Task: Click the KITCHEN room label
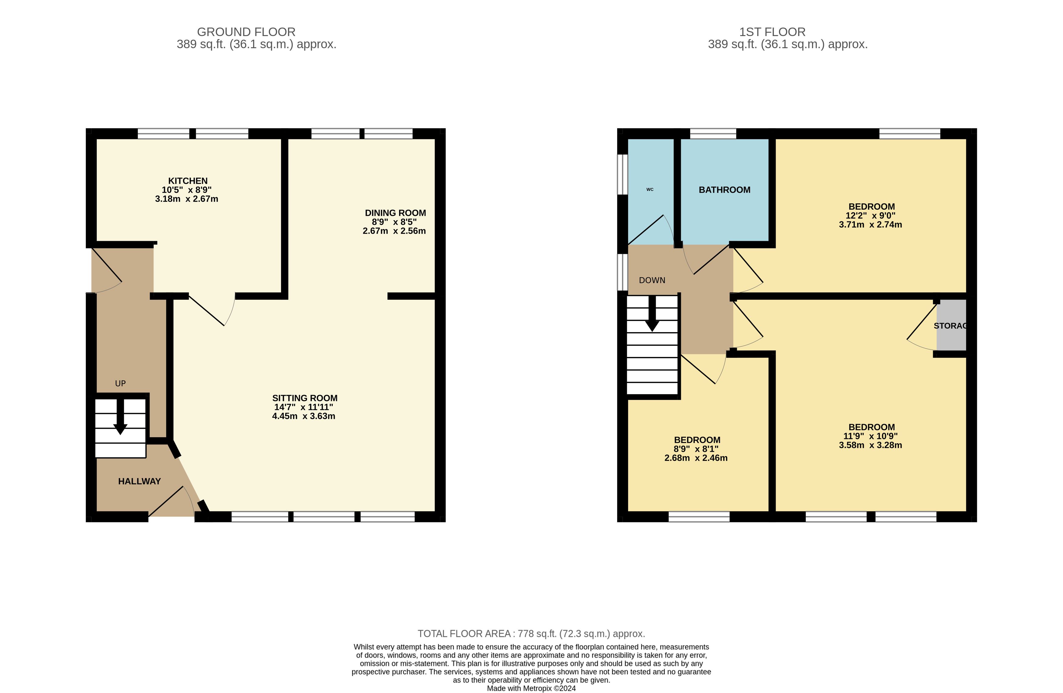point(188,181)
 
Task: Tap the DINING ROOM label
point(395,213)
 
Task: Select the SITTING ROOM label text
point(305,398)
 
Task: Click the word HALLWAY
point(139,481)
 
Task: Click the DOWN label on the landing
point(652,280)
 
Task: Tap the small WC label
point(650,189)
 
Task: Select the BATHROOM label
point(724,190)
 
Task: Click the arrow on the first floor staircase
point(652,313)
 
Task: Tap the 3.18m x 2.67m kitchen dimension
point(187,199)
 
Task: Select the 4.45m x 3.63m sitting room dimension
point(304,416)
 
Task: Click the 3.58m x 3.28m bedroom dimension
point(871,445)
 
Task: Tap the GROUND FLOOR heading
point(246,32)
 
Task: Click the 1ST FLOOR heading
point(772,32)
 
